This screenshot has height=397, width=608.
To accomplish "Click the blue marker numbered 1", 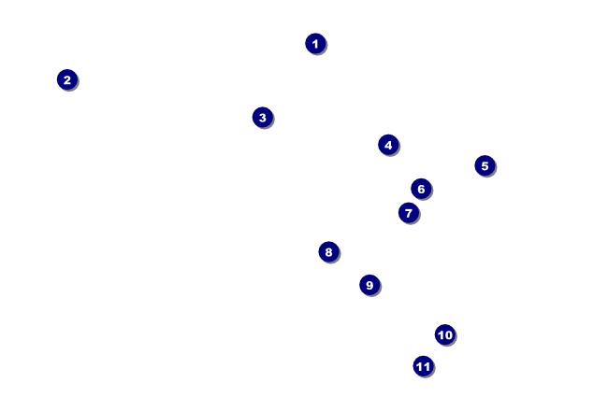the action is [x=315, y=43].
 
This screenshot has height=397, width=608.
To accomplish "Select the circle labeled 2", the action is [x=67, y=79].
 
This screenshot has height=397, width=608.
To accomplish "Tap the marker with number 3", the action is [x=263, y=118].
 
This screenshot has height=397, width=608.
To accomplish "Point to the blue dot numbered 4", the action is [x=388, y=145].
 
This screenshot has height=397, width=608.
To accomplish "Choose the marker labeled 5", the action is [x=485, y=165].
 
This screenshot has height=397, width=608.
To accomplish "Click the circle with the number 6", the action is [x=421, y=189].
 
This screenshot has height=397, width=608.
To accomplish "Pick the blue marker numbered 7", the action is [x=409, y=213].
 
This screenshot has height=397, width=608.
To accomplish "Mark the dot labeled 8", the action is [x=329, y=252].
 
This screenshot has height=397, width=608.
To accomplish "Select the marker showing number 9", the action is [x=369, y=285].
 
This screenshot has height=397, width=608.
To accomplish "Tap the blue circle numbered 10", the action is [x=444, y=334].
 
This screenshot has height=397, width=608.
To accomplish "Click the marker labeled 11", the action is [x=423, y=366].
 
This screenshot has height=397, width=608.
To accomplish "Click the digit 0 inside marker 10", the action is [x=448, y=335].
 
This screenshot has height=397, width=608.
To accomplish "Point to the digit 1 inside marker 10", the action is [x=441, y=335].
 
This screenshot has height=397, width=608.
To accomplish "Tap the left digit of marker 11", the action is [x=419, y=366].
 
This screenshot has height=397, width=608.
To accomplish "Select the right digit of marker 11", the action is [x=427, y=366].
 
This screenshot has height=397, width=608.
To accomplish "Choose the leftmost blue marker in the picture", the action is [x=67, y=79].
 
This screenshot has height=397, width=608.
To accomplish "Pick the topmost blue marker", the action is [x=315, y=43].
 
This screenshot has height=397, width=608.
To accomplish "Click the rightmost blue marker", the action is [x=485, y=165].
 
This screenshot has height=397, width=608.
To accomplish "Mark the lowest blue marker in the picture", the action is [x=423, y=366].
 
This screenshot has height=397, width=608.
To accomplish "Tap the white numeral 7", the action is [x=409, y=213].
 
